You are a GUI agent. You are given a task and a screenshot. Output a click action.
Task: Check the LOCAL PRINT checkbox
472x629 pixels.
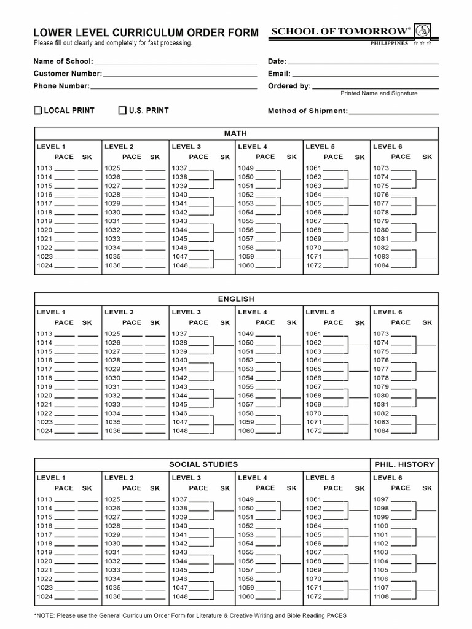[37, 111]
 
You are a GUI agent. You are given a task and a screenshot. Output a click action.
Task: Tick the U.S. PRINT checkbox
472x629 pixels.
[123, 111]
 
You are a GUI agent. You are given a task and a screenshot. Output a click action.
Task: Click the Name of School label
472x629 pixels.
[63, 61]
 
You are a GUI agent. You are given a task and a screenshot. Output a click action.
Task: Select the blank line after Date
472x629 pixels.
[363, 61]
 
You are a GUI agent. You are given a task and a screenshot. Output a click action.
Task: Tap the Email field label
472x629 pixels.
[279, 74]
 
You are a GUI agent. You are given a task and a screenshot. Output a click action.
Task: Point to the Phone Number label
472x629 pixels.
[61, 86]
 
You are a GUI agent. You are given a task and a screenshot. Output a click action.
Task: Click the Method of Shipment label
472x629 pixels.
[308, 111]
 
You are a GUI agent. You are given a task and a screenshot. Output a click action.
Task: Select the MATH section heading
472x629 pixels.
[235, 133]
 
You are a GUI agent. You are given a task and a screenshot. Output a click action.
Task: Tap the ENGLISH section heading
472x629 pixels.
[235, 299]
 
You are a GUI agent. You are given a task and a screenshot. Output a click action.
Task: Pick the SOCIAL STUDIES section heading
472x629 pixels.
[203, 464]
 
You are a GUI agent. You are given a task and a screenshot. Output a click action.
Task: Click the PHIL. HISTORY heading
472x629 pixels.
[404, 464]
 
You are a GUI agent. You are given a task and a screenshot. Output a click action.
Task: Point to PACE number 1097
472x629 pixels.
[381, 499]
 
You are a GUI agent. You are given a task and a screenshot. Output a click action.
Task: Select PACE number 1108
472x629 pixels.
[381, 596]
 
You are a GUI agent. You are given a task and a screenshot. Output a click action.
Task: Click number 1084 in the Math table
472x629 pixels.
[381, 265]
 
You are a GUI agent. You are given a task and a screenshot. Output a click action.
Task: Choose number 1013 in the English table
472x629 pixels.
[44, 334]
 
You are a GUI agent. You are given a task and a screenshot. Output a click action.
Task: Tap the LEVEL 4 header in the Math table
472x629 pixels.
[253, 147]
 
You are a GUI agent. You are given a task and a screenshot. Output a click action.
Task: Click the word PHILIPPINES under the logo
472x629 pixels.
[389, 44]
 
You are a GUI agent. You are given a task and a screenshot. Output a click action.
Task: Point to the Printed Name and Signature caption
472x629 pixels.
[379, 93]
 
